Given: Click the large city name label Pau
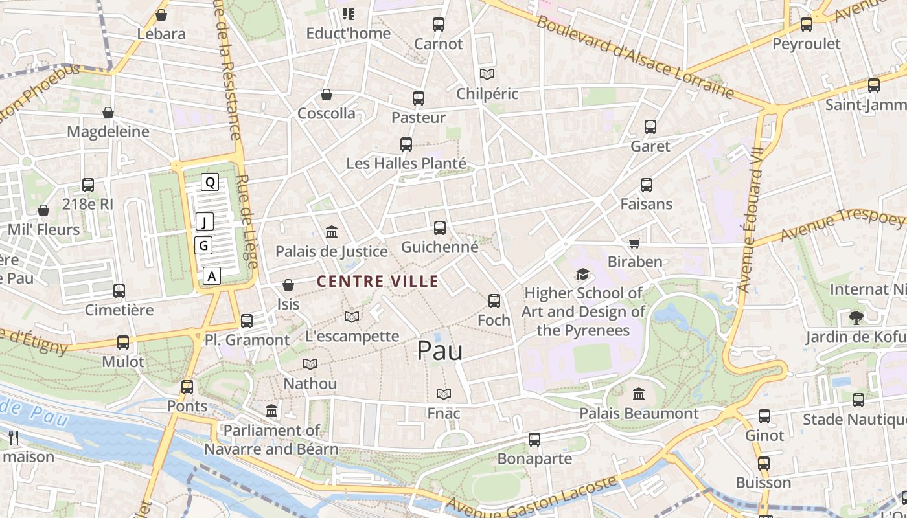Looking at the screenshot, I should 440,351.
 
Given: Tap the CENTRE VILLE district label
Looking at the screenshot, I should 378,282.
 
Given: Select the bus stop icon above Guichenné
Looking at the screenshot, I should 440,228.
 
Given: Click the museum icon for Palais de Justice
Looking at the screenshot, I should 332,232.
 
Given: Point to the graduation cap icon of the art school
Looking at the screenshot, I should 583,275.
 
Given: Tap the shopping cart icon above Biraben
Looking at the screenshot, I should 635,243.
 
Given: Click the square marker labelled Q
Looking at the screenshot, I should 210,182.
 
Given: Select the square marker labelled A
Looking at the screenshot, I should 211,276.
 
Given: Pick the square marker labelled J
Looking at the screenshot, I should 205,222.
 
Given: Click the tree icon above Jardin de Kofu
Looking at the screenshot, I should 856,317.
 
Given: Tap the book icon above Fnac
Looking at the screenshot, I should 444,394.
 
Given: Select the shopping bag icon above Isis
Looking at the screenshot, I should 288,285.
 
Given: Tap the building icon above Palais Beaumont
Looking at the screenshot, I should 639,394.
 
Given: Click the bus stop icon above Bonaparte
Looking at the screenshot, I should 534,440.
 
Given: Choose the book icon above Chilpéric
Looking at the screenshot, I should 487,74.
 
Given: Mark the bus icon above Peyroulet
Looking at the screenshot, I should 807,25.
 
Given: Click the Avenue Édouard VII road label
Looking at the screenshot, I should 752,220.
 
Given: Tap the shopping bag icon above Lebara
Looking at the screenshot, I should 161,15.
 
